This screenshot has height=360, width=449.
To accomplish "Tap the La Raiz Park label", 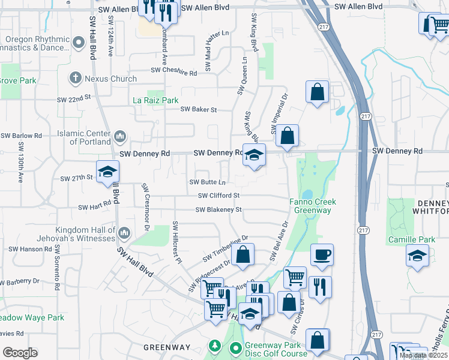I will pyautogui.click(x=155, y=100).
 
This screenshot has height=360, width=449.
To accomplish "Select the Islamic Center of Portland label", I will pyautogui.click(x=84, y=137).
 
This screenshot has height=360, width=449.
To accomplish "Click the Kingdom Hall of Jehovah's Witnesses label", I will pyautogui.click(x=86, y=234).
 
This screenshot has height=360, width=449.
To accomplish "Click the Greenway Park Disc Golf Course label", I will pyautogui.click(x=268, y=349).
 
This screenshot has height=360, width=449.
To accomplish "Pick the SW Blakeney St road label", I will pyautogui.click(x=218, y=209).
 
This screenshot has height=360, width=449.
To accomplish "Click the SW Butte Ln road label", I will pyautogui.click(x=208, y=182).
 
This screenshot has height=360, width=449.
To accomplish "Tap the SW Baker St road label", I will pyautogui.click(x=198, y=109).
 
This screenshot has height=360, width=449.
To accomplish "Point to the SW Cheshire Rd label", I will pyautogui.click(x=173, y=71).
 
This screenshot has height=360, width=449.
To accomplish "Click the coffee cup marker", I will pyautogui.click(x=322, y=255).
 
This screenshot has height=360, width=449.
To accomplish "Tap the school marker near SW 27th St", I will pyautogui.click(x=107, y=173).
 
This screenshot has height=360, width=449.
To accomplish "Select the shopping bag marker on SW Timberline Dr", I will pyautogui.click(x=242, y=255).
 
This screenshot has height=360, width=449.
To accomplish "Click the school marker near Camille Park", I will pyautogui.click(x=417, y=256).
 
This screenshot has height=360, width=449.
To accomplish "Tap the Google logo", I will pyautogui.click(x=19, y=353).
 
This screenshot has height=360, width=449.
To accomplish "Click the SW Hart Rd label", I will pyautogui.click(x=95, y=206).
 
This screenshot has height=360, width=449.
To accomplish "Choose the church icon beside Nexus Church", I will pyautogui.click(x=76, y=78).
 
